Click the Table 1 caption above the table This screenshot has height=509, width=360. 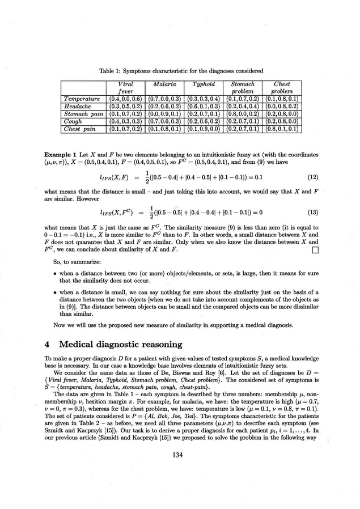pos(180,71)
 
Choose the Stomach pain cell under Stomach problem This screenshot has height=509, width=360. pos(243,114)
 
